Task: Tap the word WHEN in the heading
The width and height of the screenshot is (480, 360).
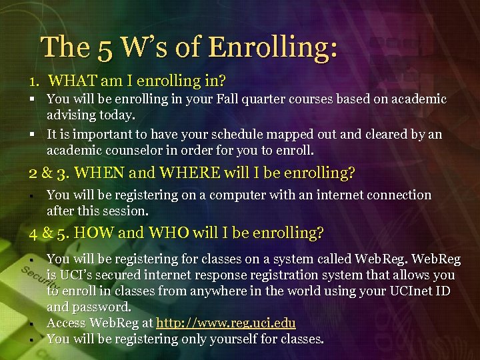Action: click(99, 173)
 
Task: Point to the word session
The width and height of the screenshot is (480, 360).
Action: click(125, 211)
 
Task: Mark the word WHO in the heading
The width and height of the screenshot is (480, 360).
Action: click(171, 233)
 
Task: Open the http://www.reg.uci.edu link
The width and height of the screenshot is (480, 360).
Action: click(225, 323)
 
